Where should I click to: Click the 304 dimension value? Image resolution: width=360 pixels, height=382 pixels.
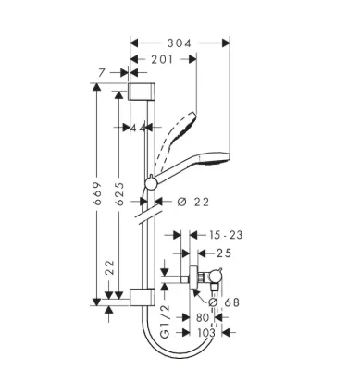click(180, 43)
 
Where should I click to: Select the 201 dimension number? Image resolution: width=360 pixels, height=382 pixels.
click(162, 59)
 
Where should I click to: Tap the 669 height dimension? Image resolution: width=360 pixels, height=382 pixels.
click(97, 193)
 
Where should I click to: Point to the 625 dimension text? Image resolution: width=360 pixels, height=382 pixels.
click(119, 193)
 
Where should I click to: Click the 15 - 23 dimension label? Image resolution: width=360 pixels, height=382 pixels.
click(226, 235)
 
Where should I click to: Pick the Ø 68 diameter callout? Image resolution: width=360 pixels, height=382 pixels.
click(224, 302)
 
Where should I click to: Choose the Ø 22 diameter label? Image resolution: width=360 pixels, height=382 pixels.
click(193, 203)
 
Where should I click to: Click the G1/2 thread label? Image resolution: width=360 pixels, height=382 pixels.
click(166, 321)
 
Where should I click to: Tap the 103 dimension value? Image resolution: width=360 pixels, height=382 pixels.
click(206, 332)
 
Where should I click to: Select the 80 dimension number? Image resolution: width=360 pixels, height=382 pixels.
click(203, 317)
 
